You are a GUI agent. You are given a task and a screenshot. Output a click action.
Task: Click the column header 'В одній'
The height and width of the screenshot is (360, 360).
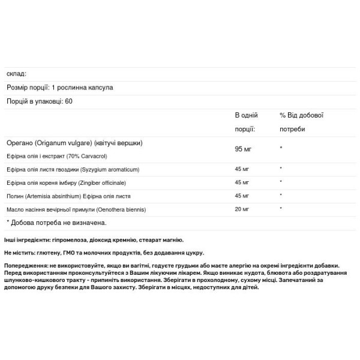247,115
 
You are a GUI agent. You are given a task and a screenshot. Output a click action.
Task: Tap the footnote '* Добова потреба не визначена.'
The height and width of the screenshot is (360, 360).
56,223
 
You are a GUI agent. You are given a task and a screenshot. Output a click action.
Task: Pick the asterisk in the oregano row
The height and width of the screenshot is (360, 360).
281,148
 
